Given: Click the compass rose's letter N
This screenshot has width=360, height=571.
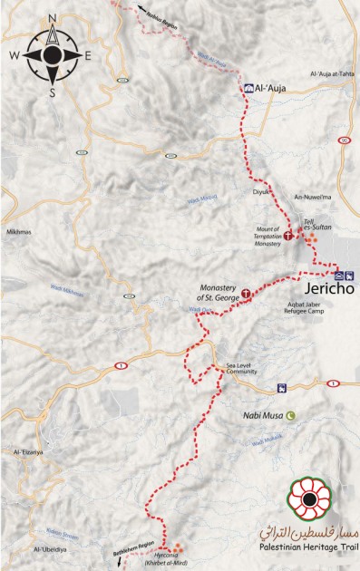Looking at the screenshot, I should pyautogui.click(x=53, y=18).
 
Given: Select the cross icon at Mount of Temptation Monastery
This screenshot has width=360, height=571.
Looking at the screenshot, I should pyautogui.click(x=289, y=235).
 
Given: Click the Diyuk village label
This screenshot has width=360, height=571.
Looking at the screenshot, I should pyautogui.click(x=261, y=192).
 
